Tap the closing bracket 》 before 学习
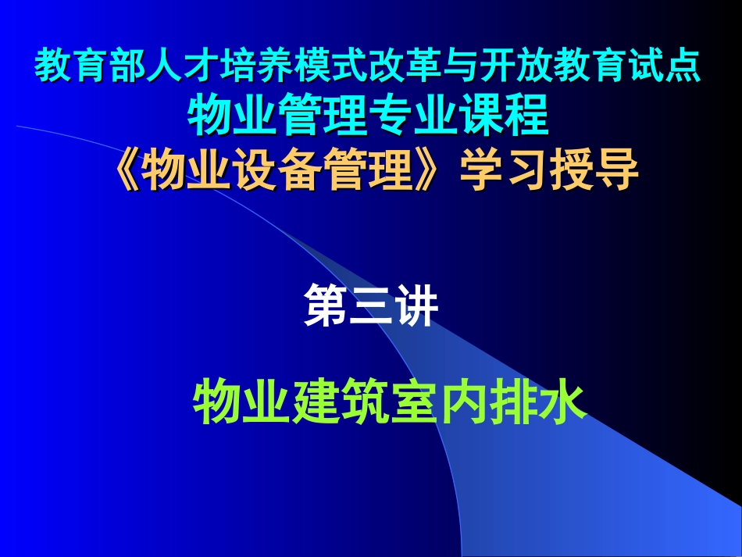pyautogui.click(x=437, y=170)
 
